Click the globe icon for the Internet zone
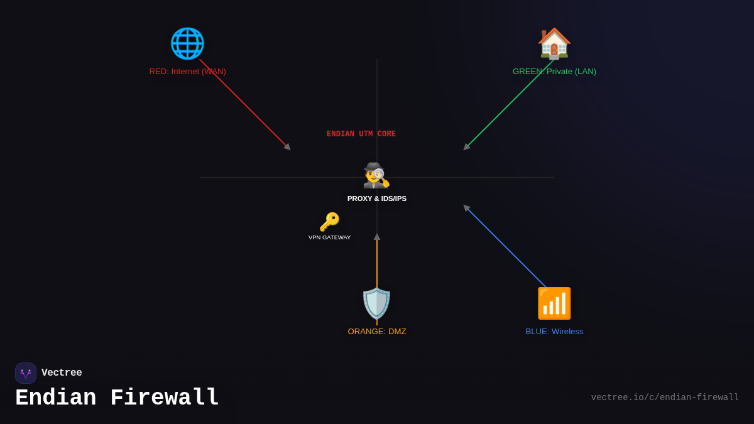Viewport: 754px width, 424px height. [x=187, y=43]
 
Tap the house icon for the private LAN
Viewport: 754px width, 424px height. [x=554, y=43]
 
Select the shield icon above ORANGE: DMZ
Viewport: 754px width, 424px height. [x=376, y=303]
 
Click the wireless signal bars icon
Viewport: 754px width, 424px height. [x=554, y=303]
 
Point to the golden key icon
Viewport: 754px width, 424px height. [x=329, y=222]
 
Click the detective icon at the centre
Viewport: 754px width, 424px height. [x=376, y=175]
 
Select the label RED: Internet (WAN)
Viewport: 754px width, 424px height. [x=187, y=72]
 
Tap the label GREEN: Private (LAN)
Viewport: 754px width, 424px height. [x=554, y=72]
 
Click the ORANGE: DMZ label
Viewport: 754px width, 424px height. [x=377, y=332]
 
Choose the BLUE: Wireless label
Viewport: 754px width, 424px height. [x=554, y=332]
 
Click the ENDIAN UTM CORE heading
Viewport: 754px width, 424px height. [x=361, y=134]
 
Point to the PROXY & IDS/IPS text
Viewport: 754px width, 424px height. [x=377, y=198]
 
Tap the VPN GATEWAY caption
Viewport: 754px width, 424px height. [x=329, y=237]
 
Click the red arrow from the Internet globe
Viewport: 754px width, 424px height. [x=245, y=105]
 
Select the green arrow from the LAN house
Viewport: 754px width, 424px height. [x=509, y=104]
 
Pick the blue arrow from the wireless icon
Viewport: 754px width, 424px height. [x=506, y=247]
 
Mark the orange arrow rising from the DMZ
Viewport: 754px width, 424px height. [x=377, y=264]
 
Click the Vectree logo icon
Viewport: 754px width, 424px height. [x=26, y=373]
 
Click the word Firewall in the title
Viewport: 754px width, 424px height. [x=165, y=398]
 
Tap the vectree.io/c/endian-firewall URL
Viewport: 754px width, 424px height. [x=665, y=398]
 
